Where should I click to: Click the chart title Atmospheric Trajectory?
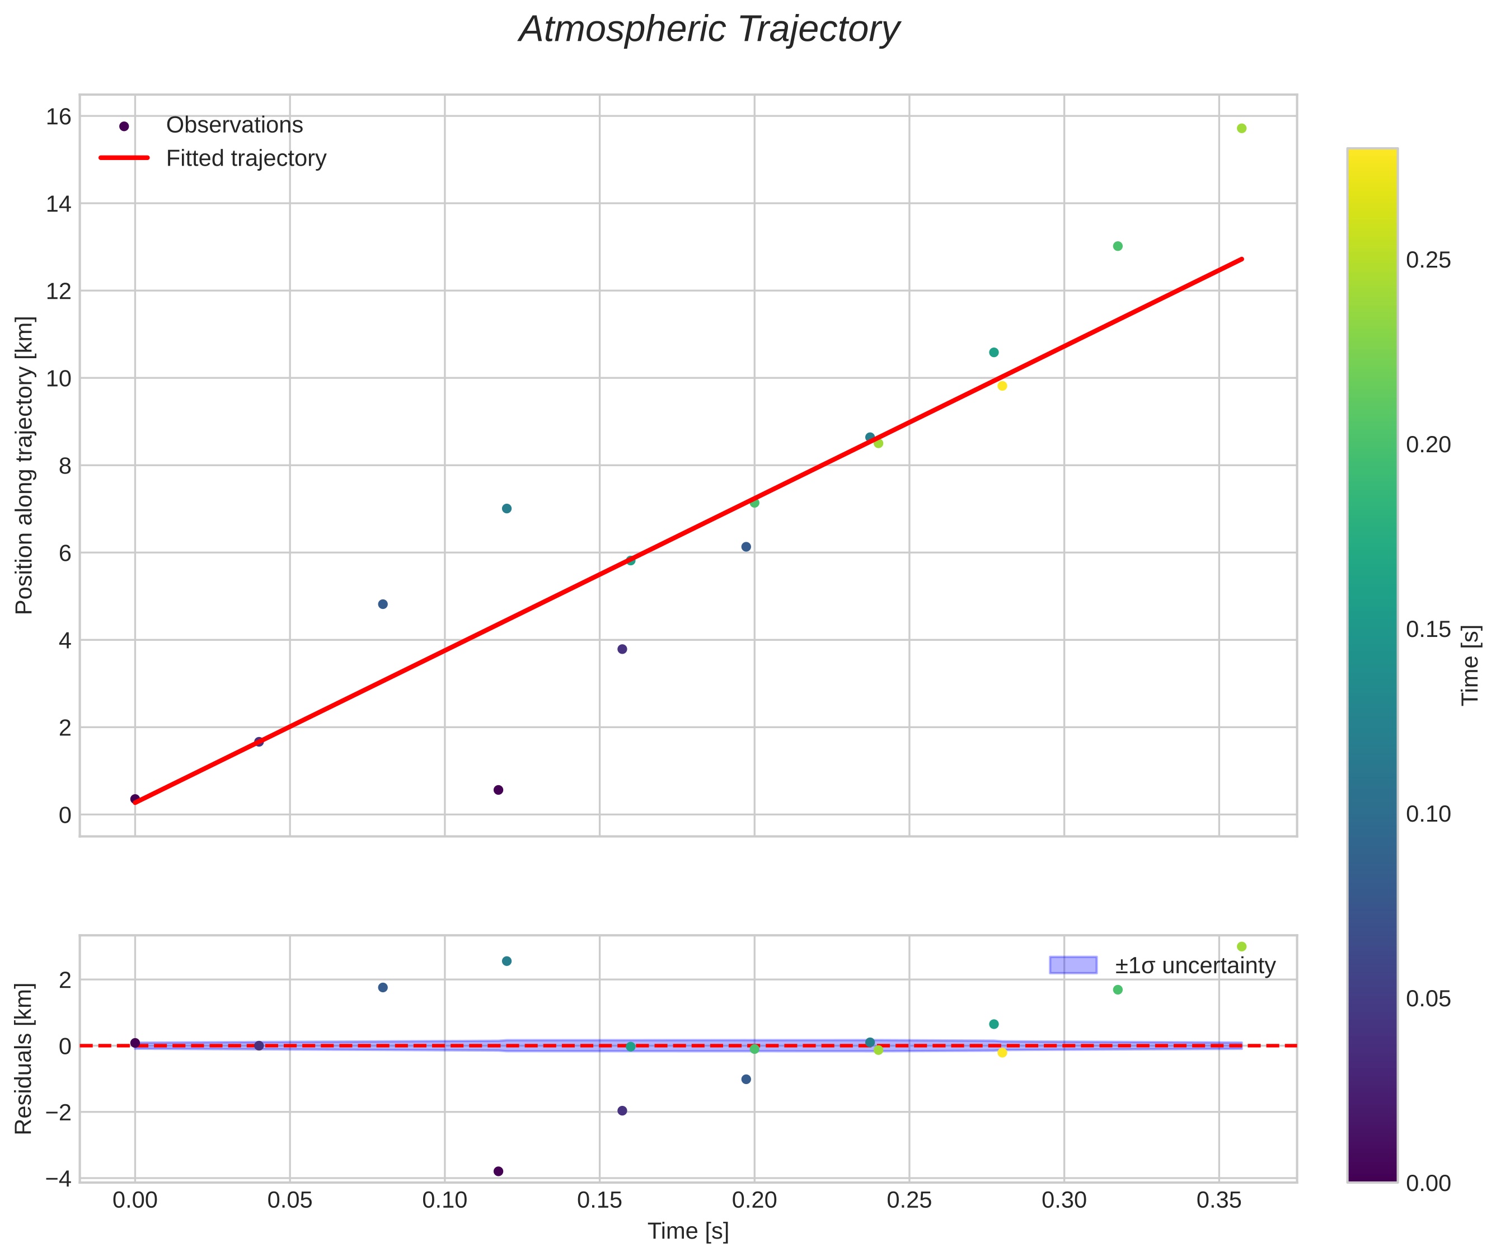pos(709,30)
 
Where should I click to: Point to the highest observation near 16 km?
pos(1241,128)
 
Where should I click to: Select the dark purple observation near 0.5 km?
pos(498,790)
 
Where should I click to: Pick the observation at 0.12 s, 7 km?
pos(507,509)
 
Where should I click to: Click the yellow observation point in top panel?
pos(1002,386)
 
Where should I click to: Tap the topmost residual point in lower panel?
pos(1241,946)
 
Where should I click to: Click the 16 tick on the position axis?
pos(59,116)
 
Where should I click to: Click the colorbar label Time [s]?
pos(1471,665)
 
